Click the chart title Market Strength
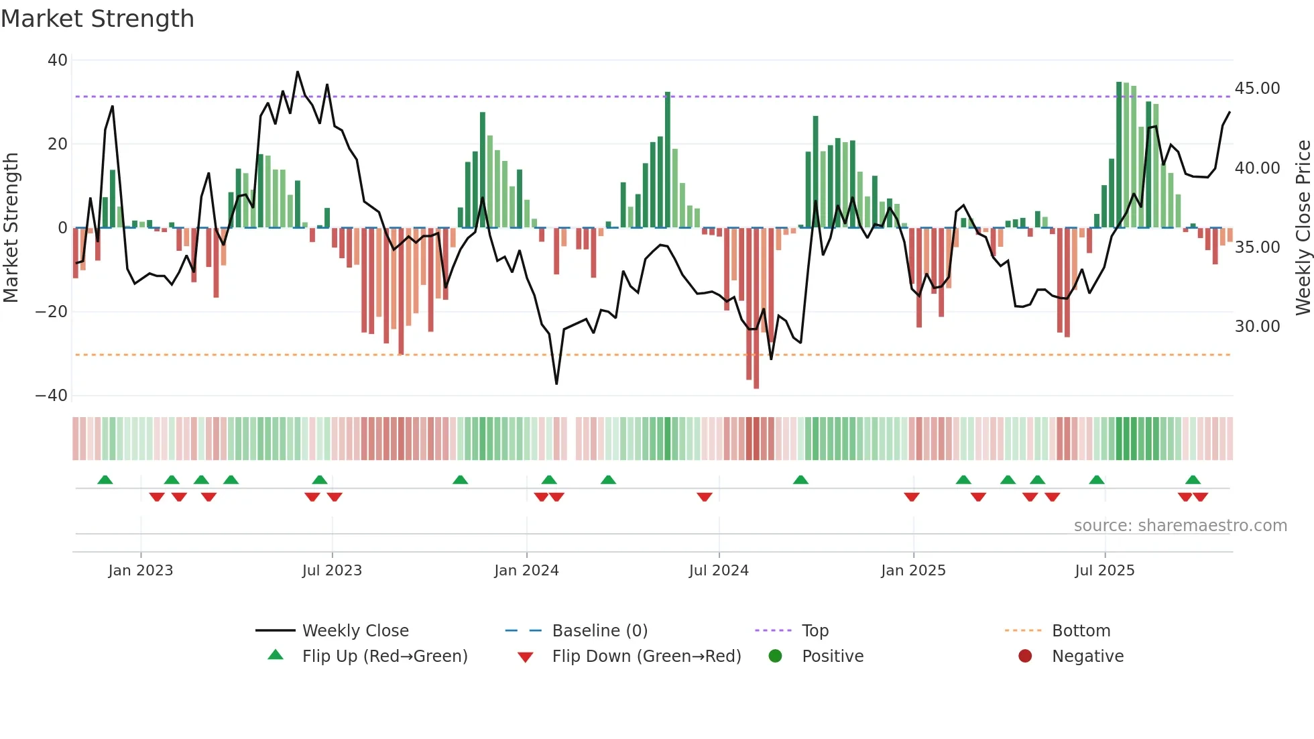[x=97, y=19]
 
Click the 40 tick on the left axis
[x=58, y=60]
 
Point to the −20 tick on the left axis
[x=52, y=312]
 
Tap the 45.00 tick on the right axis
[x=1257, y=89]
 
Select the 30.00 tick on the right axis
[x=1257, y=327]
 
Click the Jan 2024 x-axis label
[x=526, y=571]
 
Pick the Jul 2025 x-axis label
[x=1104, y=571]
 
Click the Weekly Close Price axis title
[x=1303, y=228]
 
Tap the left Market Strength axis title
[x=11, y=228]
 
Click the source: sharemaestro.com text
[x=1180, y=526]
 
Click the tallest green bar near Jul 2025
[x=1119, y=154]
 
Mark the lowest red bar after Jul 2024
[x=756, y=308]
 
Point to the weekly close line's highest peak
[x=298, y=72]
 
